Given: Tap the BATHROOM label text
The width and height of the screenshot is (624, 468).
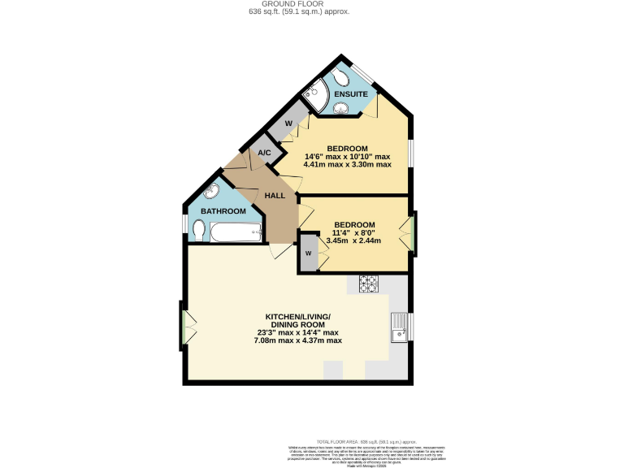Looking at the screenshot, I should pos(223,211).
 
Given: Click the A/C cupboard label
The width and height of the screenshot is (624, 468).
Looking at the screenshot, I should pos(265,154).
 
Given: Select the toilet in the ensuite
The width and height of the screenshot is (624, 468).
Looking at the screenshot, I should pos(344,77).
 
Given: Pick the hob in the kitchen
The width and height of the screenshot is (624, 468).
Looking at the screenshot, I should pos(369,284).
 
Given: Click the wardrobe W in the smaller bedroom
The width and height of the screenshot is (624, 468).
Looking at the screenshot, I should pos(308,253).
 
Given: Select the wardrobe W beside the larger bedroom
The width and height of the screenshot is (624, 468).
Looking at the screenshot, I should pos(288,123).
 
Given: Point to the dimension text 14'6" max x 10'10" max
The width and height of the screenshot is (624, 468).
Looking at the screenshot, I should pos(348,156).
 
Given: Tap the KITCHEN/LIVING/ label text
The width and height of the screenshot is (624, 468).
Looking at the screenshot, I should pos(297,316).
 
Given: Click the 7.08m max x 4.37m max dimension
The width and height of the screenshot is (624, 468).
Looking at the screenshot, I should pos(297,340).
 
